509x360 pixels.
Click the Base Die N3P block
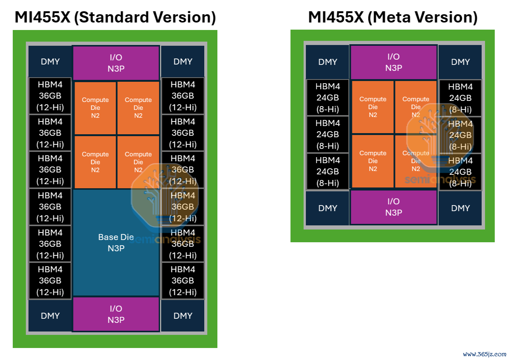(116, 243)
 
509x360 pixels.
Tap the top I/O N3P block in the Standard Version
(116, 63)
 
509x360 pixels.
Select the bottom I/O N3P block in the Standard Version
(116, 314)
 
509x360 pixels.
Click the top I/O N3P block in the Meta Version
(394, 62)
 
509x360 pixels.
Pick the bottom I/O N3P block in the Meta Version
(394, 207)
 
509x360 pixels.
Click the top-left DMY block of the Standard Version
(50, 61)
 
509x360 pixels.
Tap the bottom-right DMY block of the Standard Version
(183, 316)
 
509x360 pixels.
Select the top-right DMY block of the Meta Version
(460, 62)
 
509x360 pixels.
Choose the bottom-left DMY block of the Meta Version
(328, 208)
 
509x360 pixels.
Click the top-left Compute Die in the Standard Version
(95, 108)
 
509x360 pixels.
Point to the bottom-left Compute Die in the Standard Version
(95, 162)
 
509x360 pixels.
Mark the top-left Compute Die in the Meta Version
(373, 107)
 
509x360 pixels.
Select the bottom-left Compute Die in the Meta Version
(373, 161)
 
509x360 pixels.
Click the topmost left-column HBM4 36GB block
(50, 96)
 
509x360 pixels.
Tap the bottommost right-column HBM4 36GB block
(183, 280)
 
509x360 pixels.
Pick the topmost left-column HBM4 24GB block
(328, 97)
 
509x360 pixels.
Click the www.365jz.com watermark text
(485, 354)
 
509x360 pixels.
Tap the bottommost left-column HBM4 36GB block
(50, 280)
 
